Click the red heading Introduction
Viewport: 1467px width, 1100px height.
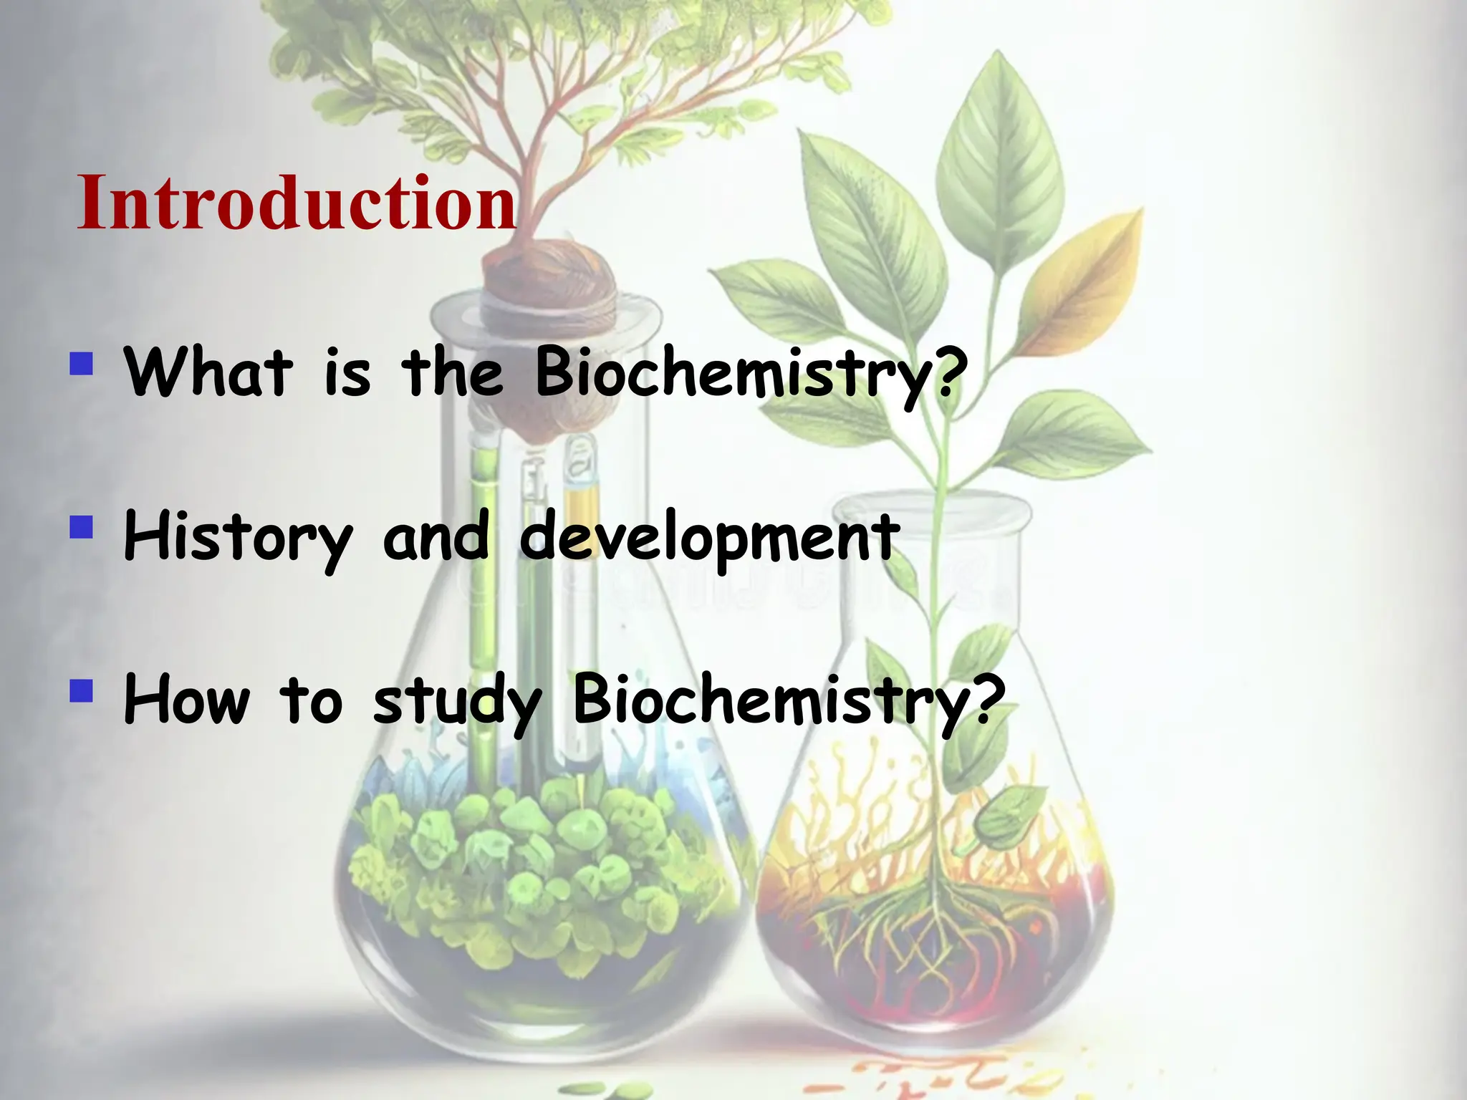(297, 203)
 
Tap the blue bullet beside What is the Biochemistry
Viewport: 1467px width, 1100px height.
(82, 363)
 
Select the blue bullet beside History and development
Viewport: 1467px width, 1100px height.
(82, 528)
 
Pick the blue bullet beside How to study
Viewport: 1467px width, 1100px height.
(82, 691)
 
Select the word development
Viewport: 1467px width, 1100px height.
(709, 537)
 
